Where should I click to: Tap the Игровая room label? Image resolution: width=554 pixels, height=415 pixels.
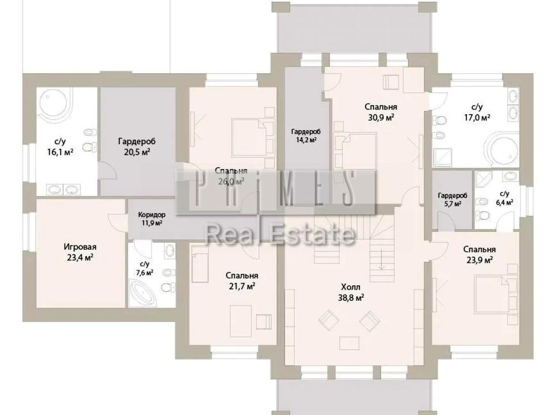pos(80,252)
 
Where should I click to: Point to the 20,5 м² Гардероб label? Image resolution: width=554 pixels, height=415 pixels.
pos(137,146)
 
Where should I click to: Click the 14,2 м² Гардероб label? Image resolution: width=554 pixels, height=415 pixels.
pos(306,135)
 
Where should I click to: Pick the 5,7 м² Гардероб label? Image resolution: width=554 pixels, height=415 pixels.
pos(452,199)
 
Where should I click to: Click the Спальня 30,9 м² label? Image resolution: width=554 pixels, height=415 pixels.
pos(381,112)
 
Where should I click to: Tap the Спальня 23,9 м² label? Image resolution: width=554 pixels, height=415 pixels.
pos(480,254)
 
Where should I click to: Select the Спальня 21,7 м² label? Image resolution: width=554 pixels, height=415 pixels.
pos(242,281)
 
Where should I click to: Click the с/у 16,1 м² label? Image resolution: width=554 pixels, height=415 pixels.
pos(60,147)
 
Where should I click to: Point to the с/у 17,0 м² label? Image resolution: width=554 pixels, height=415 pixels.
pos(477,112)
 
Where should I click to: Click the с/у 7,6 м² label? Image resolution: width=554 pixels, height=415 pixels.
pos(144,268)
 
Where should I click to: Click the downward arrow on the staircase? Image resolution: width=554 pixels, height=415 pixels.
pos(381,260)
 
